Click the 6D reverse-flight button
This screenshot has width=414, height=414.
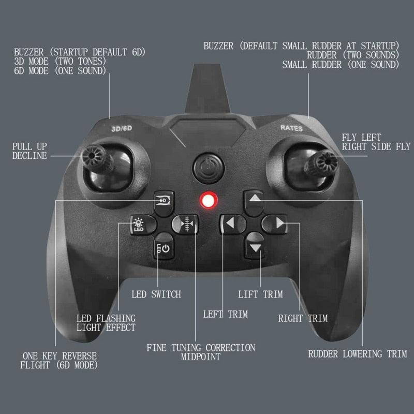[164, 200]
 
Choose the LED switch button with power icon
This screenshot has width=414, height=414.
[163, 249]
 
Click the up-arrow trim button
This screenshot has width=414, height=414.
[255, 200]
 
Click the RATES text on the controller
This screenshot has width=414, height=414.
[292, 127]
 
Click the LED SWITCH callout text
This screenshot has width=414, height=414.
[156, 294]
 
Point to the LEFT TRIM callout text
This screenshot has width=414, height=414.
[225, 314]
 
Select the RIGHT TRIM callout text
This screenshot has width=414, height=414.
[303, 318]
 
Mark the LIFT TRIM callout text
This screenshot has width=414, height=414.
[260, 294]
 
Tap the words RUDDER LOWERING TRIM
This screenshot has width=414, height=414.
[357, 354]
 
